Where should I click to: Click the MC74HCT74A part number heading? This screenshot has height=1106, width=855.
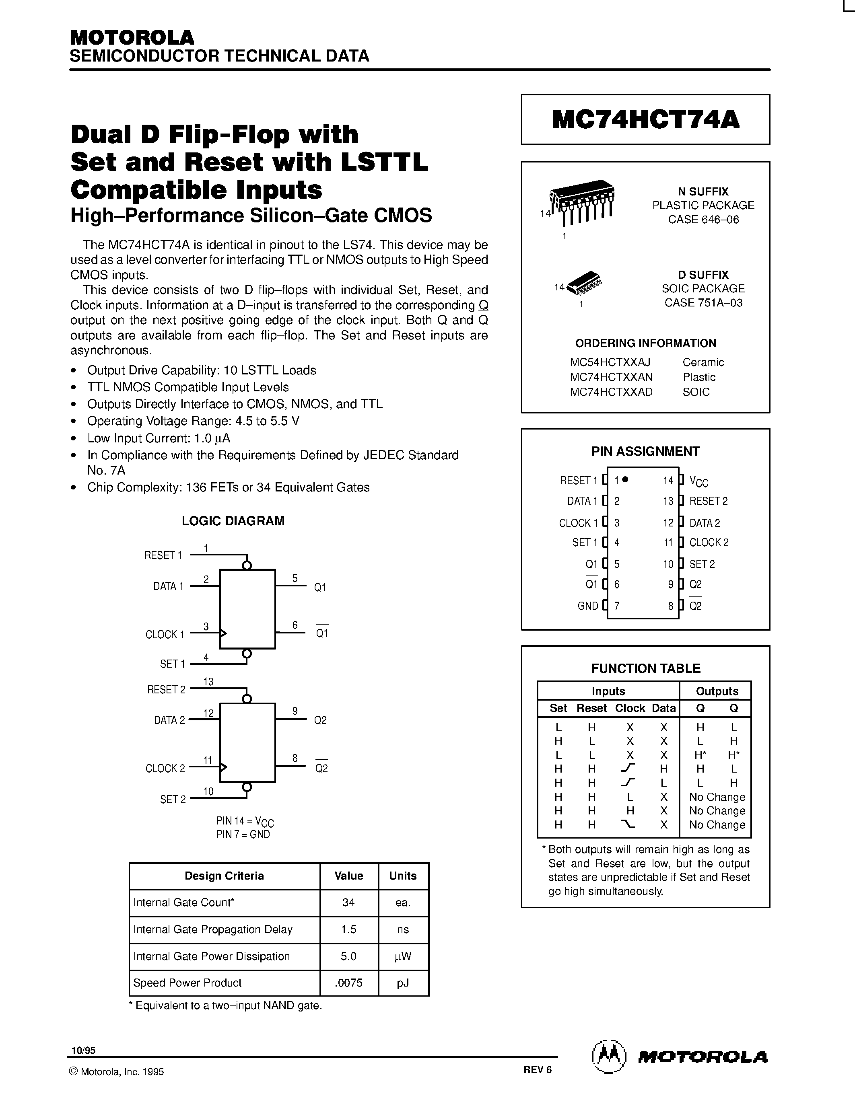tap(645, 120)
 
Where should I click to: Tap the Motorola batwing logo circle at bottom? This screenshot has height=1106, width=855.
tap(608, 1057)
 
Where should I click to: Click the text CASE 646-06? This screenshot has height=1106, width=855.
tap(703, 220)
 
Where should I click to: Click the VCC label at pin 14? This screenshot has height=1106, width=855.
tap(698, 481)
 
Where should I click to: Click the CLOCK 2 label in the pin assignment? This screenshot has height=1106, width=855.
tap(709, 543)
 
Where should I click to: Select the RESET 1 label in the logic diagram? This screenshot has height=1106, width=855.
tap(163, 555)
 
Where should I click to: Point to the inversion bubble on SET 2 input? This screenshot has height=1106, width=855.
tap(247, 787)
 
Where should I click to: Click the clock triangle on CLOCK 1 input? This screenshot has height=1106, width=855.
tap(223, 633)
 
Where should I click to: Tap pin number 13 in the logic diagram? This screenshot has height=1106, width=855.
tap(208, 682)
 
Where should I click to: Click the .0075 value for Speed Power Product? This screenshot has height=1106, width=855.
tap(348, 983)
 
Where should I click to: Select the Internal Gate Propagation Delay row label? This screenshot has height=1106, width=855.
tap(213, 929)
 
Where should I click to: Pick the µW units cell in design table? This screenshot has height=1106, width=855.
tap(403, 956)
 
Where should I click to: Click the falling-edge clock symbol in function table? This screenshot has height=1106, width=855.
tap(628, 824)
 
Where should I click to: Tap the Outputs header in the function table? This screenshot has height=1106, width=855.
tap(717, 691)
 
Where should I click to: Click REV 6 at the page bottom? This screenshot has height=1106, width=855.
tap(538, 1069)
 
